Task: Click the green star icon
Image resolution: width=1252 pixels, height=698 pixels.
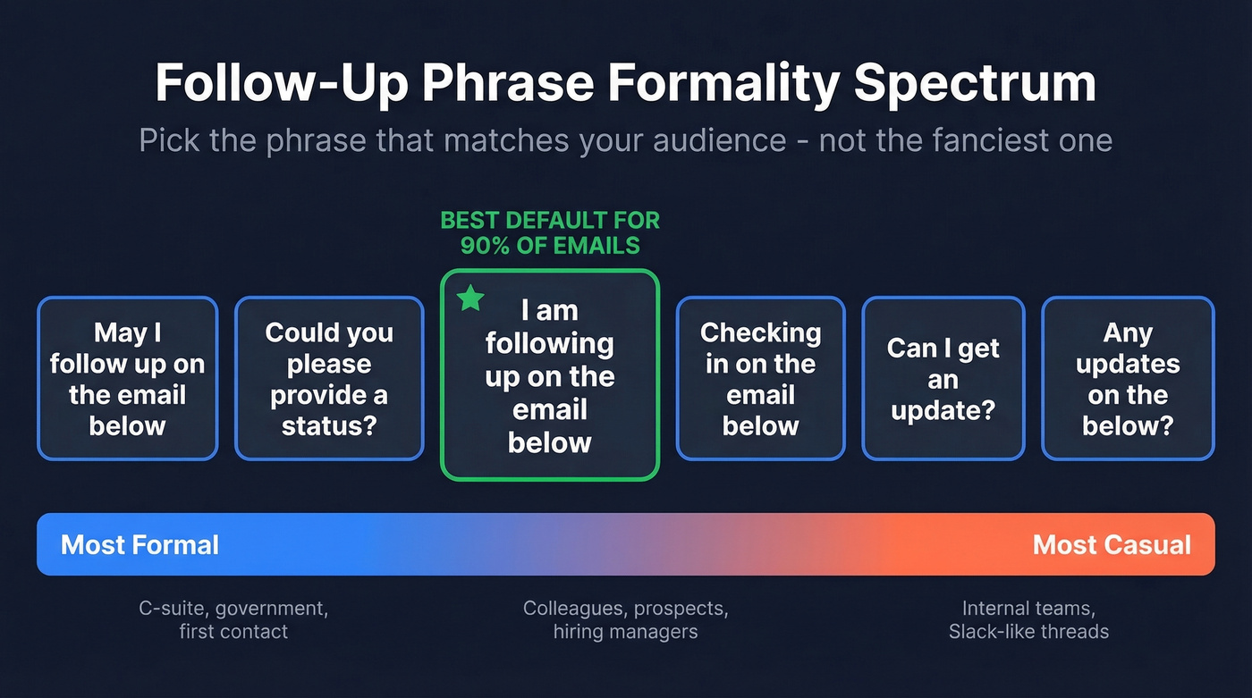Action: [x=470, y=299]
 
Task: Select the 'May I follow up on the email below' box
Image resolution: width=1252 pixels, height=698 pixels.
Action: [x=127, y=379]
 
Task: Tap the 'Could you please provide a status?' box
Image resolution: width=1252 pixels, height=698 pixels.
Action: [x=328, y=379]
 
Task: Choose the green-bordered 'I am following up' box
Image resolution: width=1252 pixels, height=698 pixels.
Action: [x=549, y=375]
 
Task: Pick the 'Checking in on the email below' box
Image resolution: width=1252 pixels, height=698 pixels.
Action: [x=760, y=379]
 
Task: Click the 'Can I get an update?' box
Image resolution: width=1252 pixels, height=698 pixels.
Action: [x=943, y=379]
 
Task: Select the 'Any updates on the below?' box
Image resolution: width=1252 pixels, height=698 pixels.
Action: [x=1128, y=379]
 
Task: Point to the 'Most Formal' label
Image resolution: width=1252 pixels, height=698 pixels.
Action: [x=140, y=544]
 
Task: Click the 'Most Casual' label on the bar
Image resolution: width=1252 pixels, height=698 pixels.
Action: [x=1112, y=544]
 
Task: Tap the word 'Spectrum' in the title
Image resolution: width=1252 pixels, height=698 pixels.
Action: [x=975, y=83]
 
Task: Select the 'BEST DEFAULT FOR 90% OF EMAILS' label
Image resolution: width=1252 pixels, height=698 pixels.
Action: [x=549, y=232]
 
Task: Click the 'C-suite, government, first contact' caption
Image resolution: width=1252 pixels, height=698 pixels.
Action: [x=233, y=620]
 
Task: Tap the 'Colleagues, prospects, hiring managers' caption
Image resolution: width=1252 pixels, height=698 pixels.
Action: [x=625, y=620]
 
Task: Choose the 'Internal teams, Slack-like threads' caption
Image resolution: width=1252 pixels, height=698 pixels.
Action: [x=1028, y=620]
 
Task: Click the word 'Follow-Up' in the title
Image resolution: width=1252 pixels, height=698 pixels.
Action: [x=282, y=83]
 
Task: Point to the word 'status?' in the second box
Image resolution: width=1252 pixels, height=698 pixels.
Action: [x=328, y=425]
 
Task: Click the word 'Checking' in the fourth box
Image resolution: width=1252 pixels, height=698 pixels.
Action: [x=760, y=332]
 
